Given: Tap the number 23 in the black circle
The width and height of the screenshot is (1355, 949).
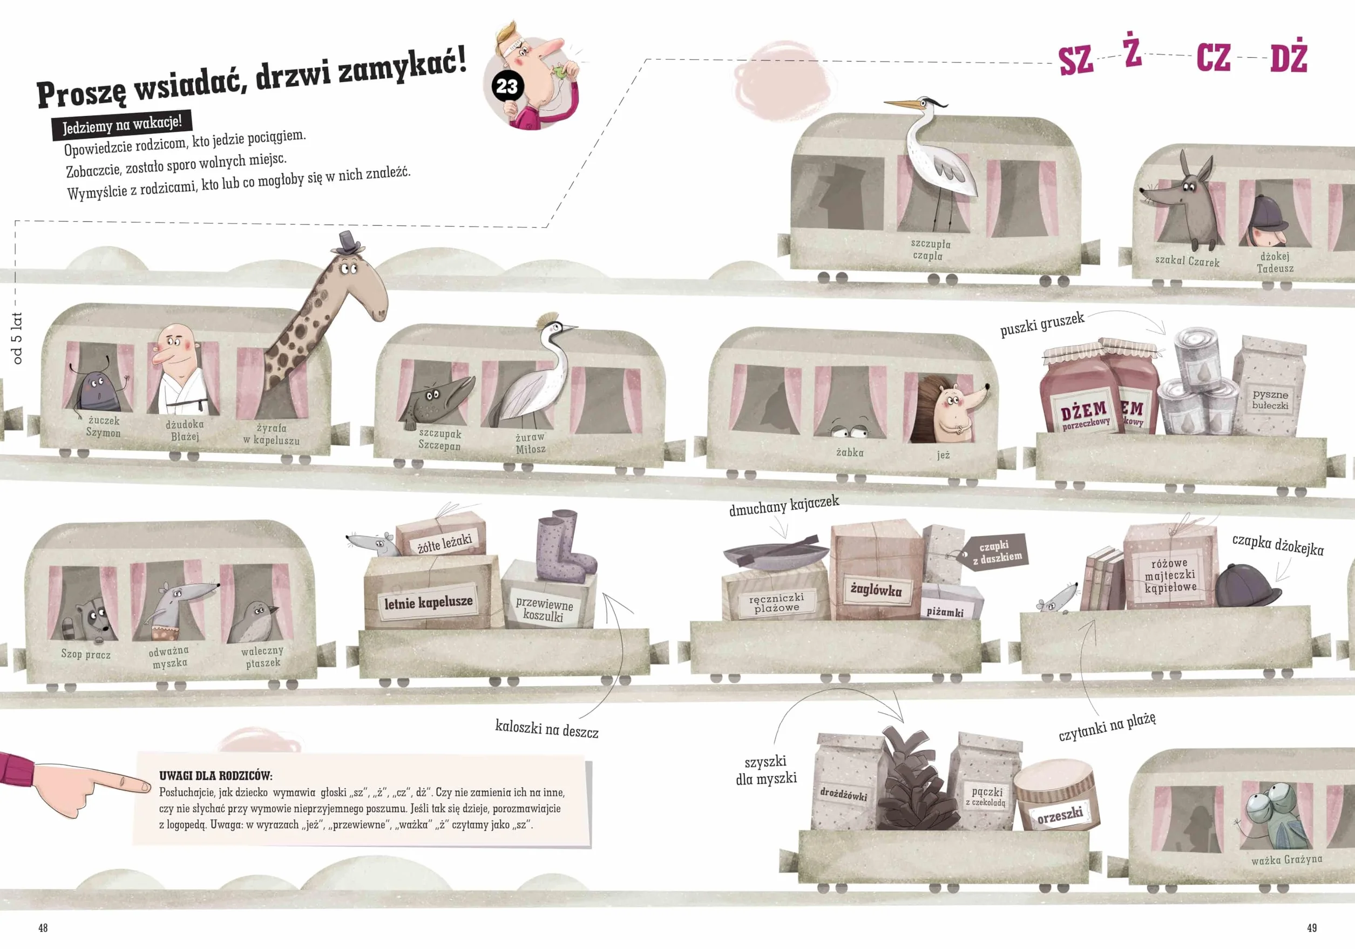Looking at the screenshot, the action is coord(506,87).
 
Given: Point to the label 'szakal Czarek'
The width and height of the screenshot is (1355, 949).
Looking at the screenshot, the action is coord(1187,261).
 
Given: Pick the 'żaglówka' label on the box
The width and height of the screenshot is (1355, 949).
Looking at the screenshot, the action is coord(876,589).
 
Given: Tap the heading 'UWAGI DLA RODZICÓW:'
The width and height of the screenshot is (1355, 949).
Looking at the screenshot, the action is coord(215,776).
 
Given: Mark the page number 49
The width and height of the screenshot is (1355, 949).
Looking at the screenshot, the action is coord(1311,928).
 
